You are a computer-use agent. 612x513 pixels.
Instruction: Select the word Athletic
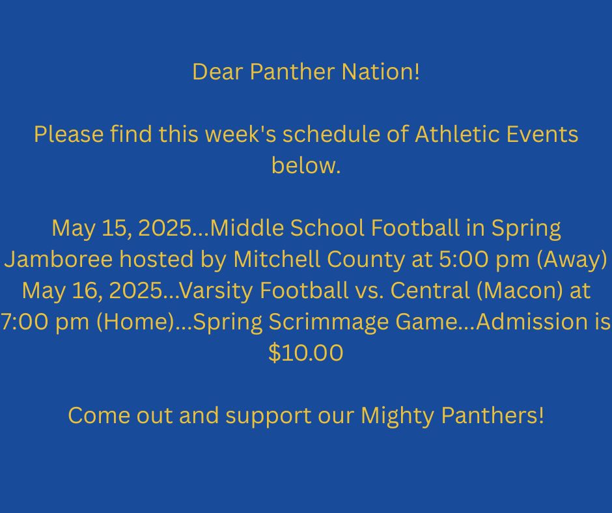(457, 134)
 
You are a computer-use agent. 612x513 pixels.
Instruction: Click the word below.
(307, 165)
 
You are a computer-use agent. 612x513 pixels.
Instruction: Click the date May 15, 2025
(121, 228)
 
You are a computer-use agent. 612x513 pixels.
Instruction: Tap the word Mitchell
(277, 259)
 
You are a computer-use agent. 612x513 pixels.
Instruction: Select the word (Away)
(572, 260)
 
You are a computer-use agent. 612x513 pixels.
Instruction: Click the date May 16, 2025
(92, 291)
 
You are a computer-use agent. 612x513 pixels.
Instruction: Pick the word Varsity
(217, 292)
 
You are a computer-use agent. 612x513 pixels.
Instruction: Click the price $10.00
(306, 353)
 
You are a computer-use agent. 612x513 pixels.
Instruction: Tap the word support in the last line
(268, 416)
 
